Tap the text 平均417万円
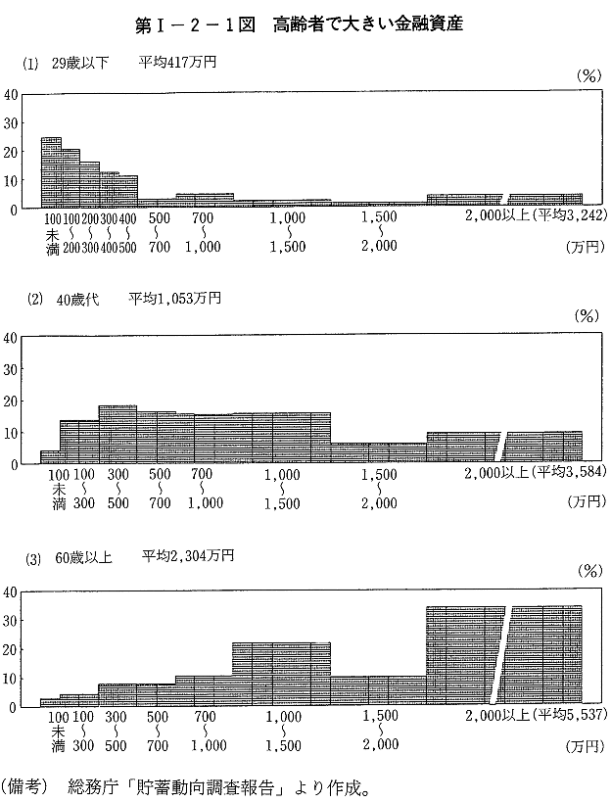tap(177, 63)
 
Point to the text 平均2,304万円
tap(187, 556)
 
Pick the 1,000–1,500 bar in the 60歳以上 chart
tap(281, 675)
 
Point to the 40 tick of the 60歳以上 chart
tap(10, 591)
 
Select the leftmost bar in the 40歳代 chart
tap(50, 456)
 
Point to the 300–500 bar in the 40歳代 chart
tap(117, 434)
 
